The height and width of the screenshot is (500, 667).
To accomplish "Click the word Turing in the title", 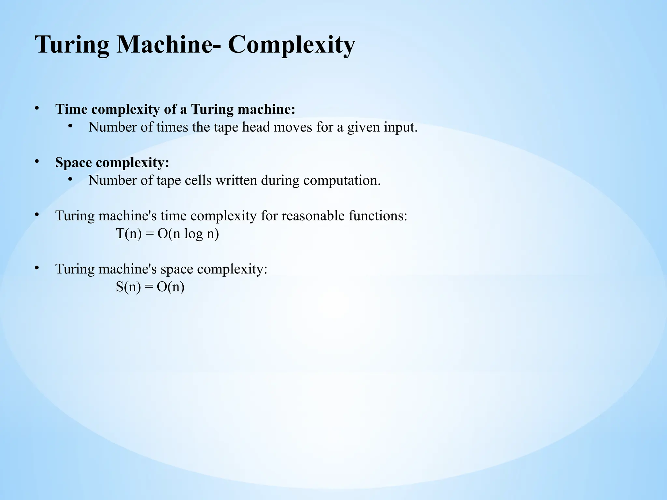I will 72,45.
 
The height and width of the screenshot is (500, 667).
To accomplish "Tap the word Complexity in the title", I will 291,45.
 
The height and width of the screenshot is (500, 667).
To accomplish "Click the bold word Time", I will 71,109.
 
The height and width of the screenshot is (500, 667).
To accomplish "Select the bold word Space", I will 74,162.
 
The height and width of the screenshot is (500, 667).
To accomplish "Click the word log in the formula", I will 193,234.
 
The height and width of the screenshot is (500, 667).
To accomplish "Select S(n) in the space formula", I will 128,287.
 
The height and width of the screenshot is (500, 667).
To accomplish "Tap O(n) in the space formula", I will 170,287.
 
